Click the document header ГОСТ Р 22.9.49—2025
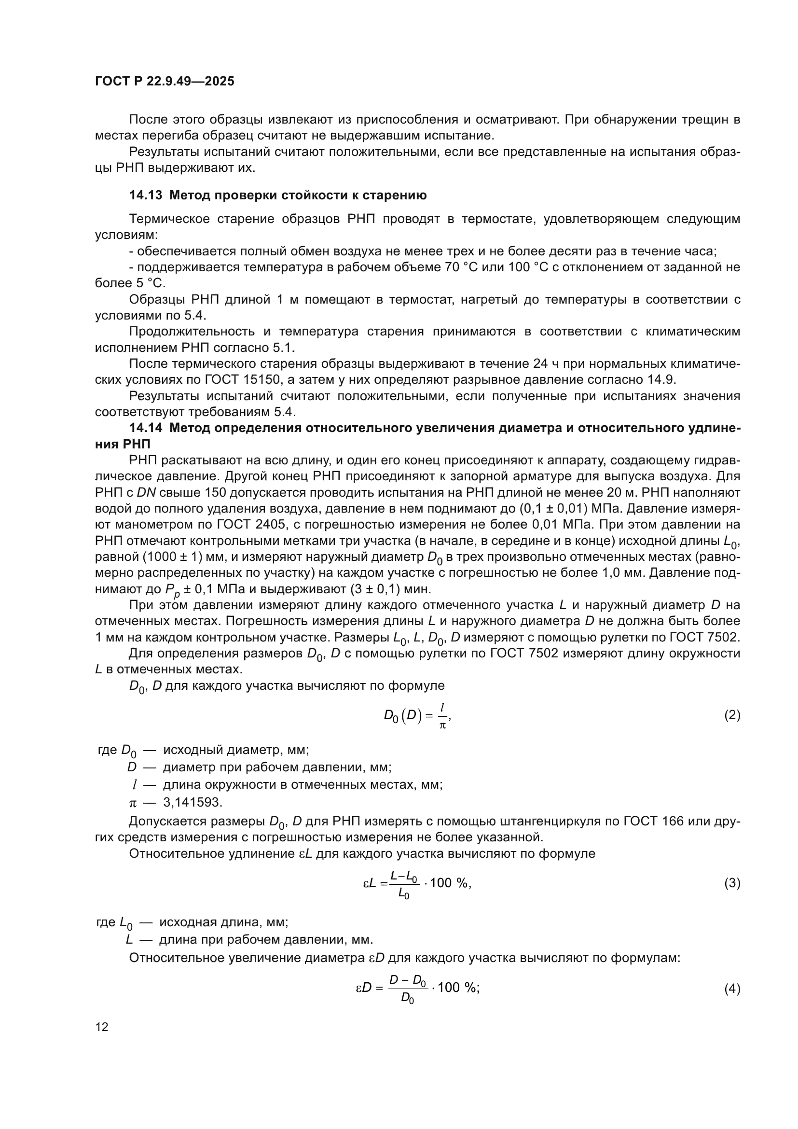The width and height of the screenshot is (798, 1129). click(165, 82)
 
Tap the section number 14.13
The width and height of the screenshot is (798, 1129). click(145, 195)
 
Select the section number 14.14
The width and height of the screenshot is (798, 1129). click(145, 428)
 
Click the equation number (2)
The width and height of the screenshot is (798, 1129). click(732, 715)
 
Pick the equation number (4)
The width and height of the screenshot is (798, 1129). click(732, 989)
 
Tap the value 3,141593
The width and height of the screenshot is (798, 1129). click(193, 803)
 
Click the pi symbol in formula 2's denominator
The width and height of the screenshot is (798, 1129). click(442, 726)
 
